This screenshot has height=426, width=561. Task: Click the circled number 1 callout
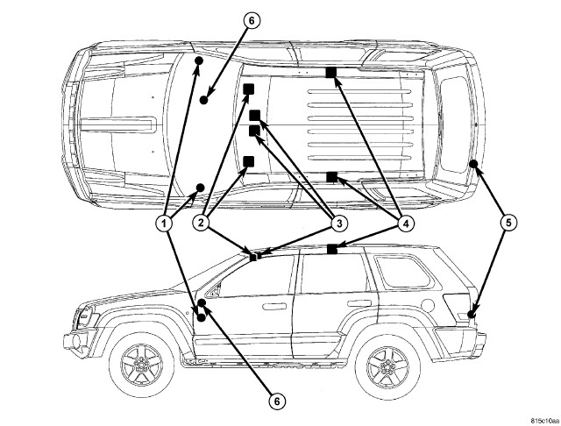[163, 223]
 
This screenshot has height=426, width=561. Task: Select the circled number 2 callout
[201, 223]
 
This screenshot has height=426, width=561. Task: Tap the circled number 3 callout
[333, 223]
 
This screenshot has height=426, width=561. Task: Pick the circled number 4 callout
[405, 223]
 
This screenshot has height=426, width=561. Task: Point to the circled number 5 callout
[508, 223]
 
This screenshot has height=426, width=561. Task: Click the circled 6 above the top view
[252, 21]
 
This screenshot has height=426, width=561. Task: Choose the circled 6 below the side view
[275, 401]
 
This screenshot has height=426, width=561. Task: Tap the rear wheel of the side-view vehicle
[384, 363]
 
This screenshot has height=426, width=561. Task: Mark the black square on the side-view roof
[332, 249]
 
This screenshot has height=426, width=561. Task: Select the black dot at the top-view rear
[472, 164]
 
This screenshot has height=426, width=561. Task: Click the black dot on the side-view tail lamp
[472, 312]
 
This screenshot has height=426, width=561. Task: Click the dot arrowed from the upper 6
[203, 100]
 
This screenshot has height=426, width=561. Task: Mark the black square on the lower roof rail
[332, 177]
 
